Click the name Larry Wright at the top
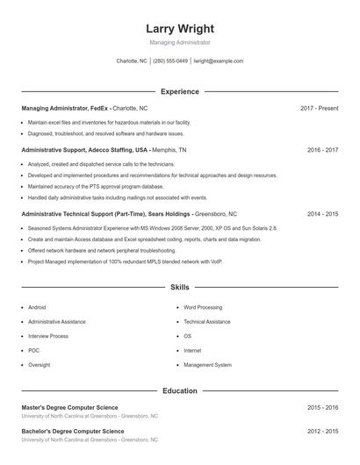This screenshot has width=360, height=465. click(179, 28)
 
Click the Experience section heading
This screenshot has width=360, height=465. click(179, 91)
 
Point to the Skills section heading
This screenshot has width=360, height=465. click(179, 288)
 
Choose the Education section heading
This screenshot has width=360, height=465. click(179, 390)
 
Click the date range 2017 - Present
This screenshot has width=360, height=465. click(319, 108)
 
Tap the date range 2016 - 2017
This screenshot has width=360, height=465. click(322, 150)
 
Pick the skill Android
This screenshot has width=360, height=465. click(37, 308)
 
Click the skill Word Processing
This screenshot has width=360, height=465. click(203, 308)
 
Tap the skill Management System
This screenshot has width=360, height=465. click(208, 365)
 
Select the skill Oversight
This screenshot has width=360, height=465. click(40, 365)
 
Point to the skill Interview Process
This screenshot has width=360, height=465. click(48, 336)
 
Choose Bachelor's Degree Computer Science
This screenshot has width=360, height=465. click(74, 432)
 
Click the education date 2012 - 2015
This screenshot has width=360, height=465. click(322, 432)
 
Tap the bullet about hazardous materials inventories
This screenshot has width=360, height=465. click(109, 123)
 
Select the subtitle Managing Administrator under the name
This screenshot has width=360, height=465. click(179, 42)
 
